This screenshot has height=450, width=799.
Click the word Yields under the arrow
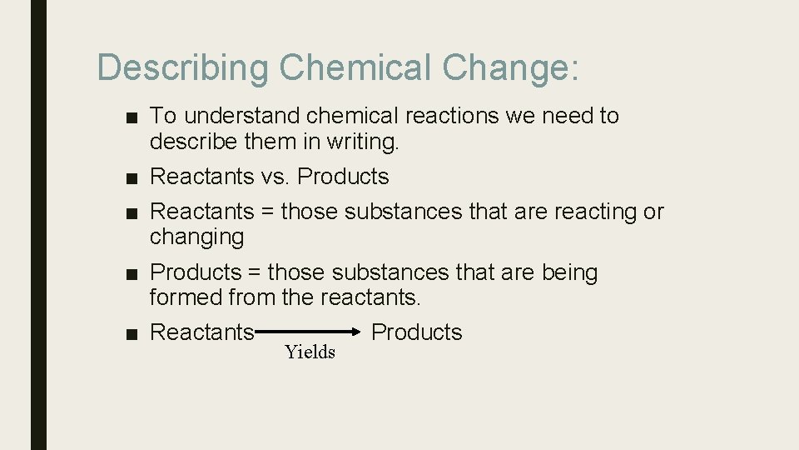coord(310,352)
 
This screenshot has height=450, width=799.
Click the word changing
coord(196,237)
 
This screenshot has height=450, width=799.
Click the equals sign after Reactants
coord(267,212)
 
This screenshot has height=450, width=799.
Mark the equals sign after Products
coord(254,272)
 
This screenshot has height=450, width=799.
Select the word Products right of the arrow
coord(416,332)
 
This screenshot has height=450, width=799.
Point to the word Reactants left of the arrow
coord(201,332)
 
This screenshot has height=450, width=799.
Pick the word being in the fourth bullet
coord(569,273)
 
